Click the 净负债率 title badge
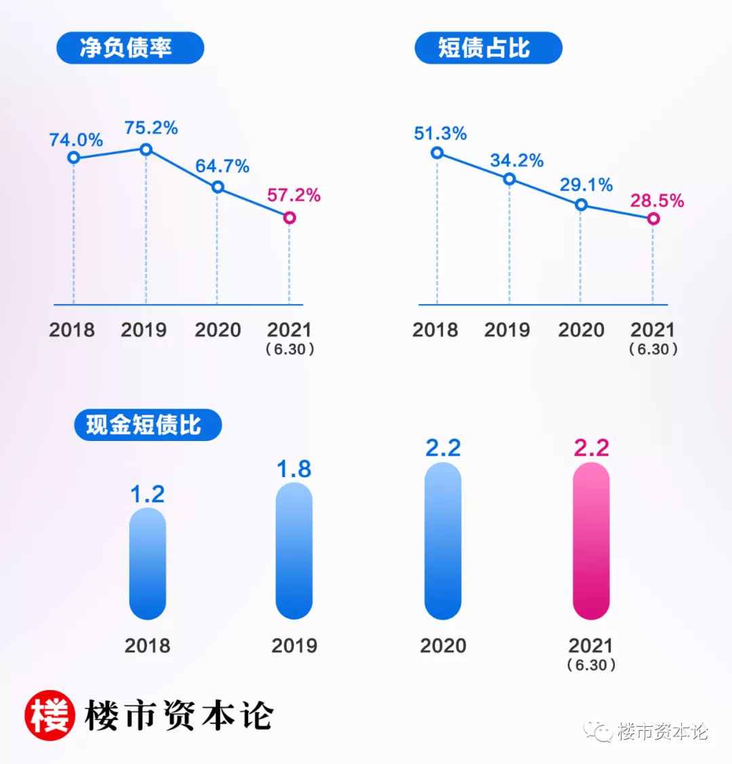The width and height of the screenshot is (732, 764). click(x=130, y=48)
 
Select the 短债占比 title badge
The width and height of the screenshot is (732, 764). click(x=488, y=48)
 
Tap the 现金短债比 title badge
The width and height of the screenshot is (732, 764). click(x=148, y=425)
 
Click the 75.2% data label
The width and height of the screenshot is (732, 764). click(x=151, y=128)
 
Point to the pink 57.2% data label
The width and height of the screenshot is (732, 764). click(x=293, y=195)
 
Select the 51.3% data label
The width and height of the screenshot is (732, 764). click(x=441, y=134)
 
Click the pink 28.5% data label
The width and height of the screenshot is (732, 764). click(x=657, y=201)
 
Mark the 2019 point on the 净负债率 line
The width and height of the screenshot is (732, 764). click(x=146, y=149)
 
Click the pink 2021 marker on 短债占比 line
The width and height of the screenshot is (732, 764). click(x=653, y=218)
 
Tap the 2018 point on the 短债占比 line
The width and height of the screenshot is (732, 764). click(x=437, y=153)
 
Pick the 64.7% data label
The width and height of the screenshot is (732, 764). click(x=222, y=166)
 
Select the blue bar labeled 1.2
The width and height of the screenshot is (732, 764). click(x=148, y=563)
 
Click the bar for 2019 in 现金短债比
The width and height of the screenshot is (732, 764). click(x=294, y=551)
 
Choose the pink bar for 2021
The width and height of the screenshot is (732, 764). click(x=591, y=541)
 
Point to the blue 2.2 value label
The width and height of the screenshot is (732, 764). click(x=443, y=448)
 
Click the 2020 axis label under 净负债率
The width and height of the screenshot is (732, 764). click(x=218, y=330)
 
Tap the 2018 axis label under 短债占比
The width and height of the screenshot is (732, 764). click(x=435, y=330)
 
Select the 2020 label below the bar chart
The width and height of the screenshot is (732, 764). click(x=443, y=645)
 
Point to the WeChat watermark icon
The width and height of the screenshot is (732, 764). click(x=599, y=731)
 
